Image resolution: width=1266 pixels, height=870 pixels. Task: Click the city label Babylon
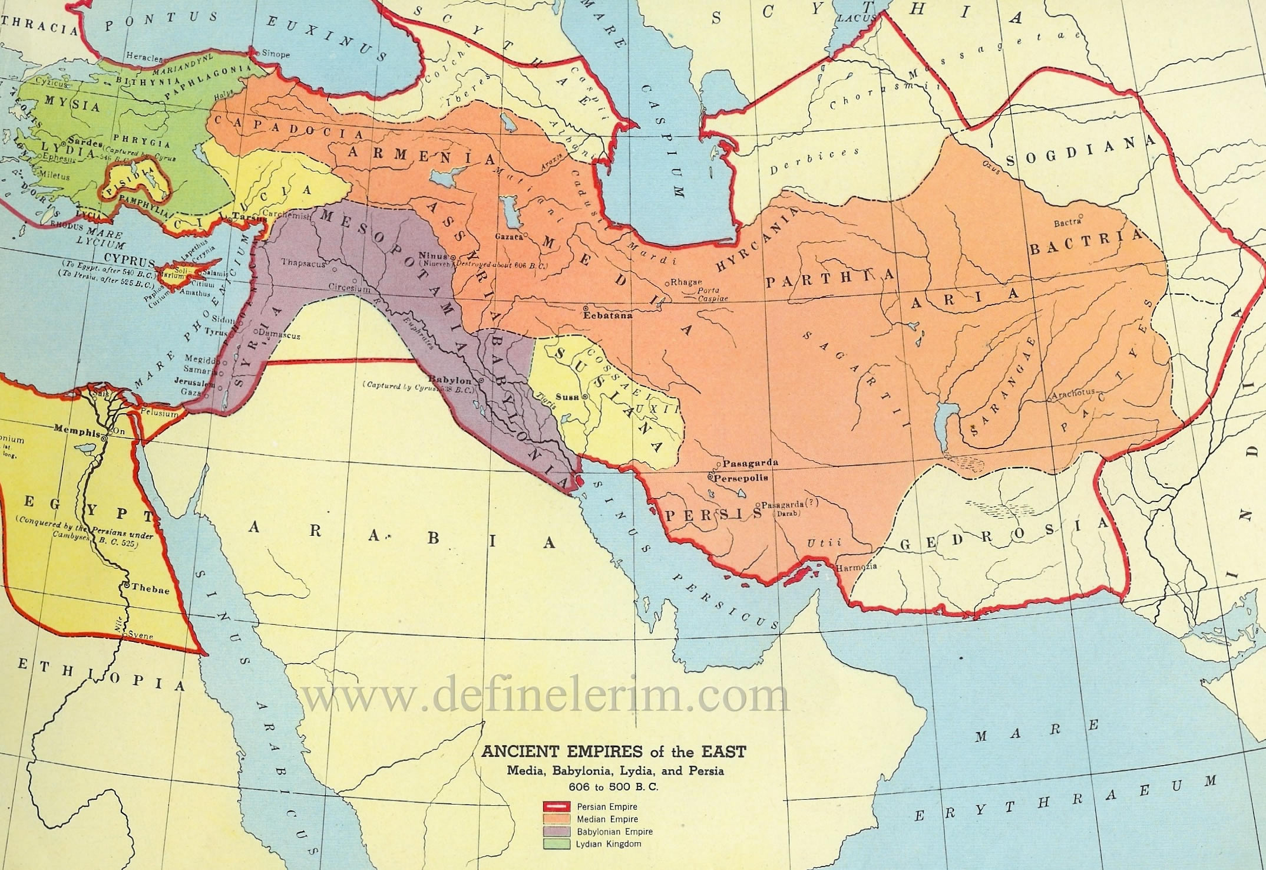pos(450,379)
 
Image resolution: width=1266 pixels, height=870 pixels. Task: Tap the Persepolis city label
pos(742,478)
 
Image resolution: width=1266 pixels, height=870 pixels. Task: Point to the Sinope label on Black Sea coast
pos(276,54)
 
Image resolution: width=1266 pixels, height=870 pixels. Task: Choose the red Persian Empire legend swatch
pos(556,806)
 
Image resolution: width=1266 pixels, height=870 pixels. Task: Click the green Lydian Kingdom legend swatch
pos(556,844)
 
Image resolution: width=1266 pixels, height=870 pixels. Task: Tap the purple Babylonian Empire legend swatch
pos(556,832)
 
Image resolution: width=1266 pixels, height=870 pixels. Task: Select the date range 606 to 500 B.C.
pos(613,786)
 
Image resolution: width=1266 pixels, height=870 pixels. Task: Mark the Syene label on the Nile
pos(141,636)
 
